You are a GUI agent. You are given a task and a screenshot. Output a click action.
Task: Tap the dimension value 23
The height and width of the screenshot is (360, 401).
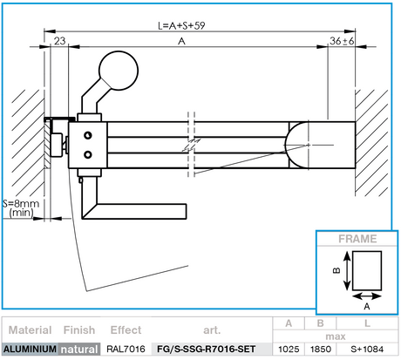click(59, 40)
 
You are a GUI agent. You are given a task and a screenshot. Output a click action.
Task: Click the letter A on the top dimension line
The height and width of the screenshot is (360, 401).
click(181, 40)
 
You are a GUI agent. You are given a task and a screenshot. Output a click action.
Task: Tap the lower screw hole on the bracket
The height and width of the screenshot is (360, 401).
click(87, 154)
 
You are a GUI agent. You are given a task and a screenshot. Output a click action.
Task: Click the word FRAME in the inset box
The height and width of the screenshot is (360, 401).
click(358, 238)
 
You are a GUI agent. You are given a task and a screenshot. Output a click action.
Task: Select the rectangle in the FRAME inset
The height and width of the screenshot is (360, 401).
click(366, 270)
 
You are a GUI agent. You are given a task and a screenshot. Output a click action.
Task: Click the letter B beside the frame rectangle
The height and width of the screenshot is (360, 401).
click(336, 271)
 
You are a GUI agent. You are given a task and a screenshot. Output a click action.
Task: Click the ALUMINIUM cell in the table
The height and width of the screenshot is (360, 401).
click(30, 350)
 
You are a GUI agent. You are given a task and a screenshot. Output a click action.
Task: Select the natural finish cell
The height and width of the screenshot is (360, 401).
click(79, 350)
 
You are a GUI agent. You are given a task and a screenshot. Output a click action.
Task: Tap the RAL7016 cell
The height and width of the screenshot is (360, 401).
click(126, 350)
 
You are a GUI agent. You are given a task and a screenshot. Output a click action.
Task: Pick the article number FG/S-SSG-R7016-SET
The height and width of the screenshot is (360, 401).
click(206, 350)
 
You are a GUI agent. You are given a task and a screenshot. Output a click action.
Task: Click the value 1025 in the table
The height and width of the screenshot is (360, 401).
click(289, 350)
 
